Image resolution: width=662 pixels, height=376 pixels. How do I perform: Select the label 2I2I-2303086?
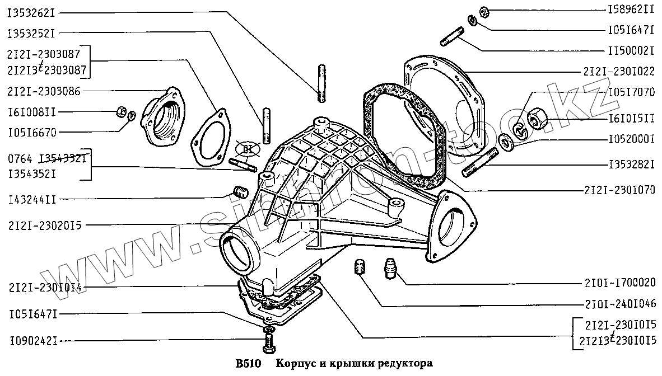[43, 91]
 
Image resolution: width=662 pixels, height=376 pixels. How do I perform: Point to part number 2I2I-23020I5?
[45, 225]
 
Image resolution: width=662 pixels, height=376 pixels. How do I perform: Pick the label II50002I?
[631, 50]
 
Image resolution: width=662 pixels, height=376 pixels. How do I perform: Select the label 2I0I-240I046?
[622, 305]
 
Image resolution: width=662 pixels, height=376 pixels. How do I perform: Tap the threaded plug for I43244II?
[240, 192]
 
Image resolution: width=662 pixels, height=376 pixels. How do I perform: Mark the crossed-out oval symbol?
[244, 149]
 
